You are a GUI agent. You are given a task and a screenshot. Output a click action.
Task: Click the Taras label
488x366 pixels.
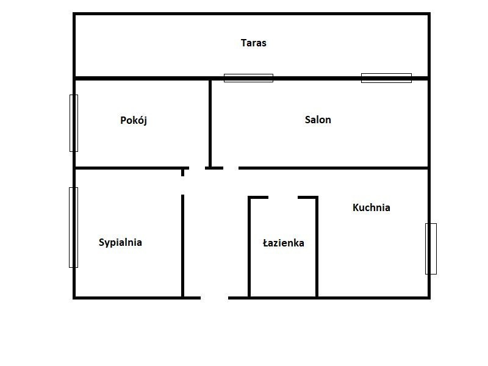coord(253,43)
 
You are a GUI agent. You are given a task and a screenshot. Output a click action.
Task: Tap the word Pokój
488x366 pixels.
coord(134,120)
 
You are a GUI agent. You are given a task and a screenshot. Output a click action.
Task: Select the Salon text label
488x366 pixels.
coord(318,120)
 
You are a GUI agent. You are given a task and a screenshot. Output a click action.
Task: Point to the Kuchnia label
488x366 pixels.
coord(371,207)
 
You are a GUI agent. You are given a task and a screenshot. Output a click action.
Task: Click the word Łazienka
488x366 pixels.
coord(284,242)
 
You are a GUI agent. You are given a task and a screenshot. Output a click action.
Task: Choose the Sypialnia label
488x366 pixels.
coord(120,242)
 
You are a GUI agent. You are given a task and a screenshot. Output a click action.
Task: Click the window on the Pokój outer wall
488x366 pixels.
coord(74,123)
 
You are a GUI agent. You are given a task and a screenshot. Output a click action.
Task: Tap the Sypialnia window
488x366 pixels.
coord(73,228)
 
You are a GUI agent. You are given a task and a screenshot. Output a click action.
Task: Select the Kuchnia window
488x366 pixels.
coord(431,249)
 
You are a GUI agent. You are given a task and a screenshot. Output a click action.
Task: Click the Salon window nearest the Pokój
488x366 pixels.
coord(248,78)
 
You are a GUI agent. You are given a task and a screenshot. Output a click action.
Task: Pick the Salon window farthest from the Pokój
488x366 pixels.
coord(386,78)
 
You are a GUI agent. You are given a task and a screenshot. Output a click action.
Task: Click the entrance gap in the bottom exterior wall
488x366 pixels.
coord(215,298)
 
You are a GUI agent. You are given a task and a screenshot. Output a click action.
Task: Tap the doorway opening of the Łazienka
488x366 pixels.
coord(283,197)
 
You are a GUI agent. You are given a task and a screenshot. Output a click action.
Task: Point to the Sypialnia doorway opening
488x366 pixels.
coord(182,185)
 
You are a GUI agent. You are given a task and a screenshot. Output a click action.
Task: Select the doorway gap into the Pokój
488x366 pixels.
coord(197,168)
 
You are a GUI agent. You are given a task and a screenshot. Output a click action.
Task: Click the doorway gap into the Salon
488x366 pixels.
coord(231,168)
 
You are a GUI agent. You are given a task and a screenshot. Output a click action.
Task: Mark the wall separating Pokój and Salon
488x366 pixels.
coord(210,123)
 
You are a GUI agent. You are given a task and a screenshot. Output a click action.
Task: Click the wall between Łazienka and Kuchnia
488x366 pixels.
coord(317,247)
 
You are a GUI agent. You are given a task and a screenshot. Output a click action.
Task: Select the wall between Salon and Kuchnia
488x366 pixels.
coord(333,168)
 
